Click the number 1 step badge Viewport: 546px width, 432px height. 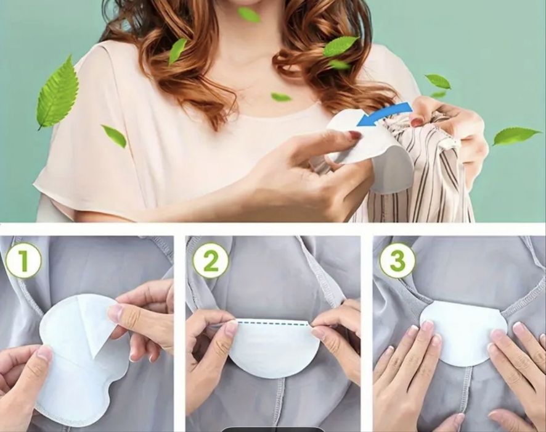(x=23, y=260)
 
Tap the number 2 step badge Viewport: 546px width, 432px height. (x=211, y=260)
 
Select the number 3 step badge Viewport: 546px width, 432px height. (x=397, y=260)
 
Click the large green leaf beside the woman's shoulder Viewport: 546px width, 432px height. (x=57, y=93)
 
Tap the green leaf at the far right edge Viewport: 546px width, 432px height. (x=516, y=136)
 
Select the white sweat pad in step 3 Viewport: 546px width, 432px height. (x=463, y=334)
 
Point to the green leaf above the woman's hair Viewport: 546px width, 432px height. (x=248, y=14)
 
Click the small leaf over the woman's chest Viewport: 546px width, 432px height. (x=280, y=96)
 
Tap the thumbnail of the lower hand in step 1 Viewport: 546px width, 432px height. (x=45, y=353)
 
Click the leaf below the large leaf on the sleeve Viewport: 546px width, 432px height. (x=114, y=136)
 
